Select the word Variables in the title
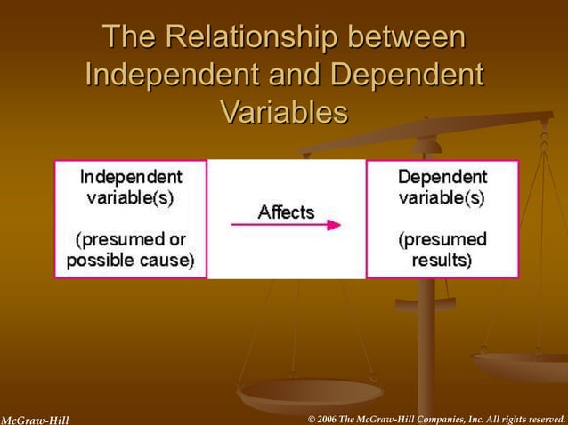pos(283,113)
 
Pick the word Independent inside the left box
pos(131,177)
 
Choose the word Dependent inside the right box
pos(442,177)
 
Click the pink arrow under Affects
pos(286,225)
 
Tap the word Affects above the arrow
pos(286,212)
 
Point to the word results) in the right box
pos(442,260)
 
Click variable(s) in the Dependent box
pos(442,197)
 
